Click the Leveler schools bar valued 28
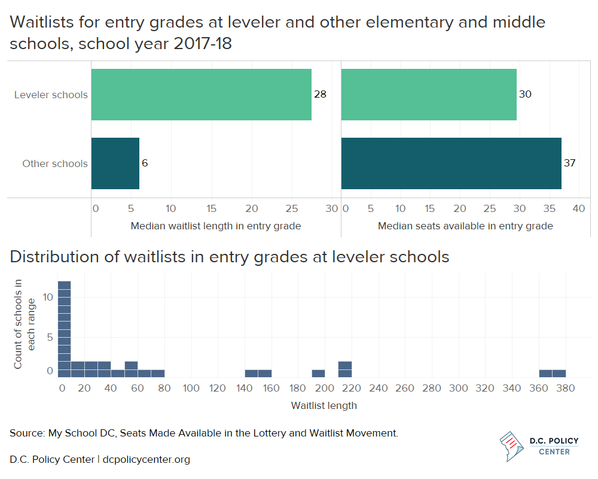click(202, 95)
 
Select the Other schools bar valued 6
click(115, 163)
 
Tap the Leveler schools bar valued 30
click(429, 95)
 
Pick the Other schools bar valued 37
click(451, 163)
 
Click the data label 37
click(569, 163)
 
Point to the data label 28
click(320, 95)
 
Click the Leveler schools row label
click(51, 95)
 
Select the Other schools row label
click(55, 163)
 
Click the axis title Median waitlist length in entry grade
click(216, 226)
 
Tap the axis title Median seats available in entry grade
click(465, 226)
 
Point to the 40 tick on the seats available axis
click(578, 208)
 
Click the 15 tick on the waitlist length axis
click(211, 208)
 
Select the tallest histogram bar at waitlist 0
click(65, 329)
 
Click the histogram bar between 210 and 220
click(345, 369)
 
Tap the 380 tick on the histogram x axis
click(566, 389)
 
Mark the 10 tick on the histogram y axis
click(48, 297)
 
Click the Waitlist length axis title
click(324, 406)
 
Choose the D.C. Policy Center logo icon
click(511, 446)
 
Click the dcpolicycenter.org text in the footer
click(147, 459)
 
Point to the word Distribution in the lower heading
click(55, 257)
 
